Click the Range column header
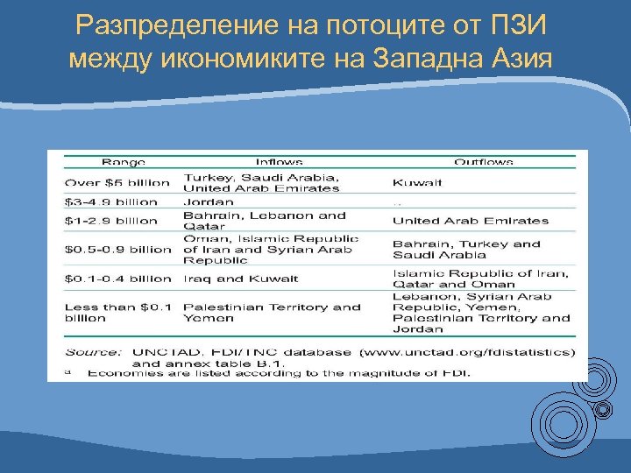pos(124,162)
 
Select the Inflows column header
pos(279,162)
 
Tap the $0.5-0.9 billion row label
pos(118,250)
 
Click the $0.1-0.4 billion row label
pos(118,279)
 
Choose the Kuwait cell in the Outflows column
pos(417,182)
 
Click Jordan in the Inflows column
pos(209,201)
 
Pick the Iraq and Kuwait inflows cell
pos(240,279)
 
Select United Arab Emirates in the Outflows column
pos(470,221)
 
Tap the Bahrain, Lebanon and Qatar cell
pos(264,221)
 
